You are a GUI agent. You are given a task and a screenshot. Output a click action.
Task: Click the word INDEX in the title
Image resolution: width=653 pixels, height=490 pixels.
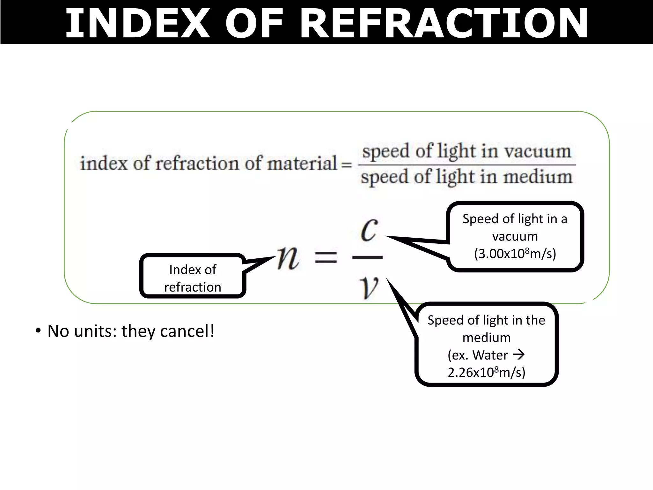coord(137,23)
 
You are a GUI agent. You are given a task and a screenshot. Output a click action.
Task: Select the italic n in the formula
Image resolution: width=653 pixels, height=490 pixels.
coord(288,258)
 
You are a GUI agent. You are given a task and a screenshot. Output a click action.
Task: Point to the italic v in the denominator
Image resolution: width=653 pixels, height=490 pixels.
coord(369,287)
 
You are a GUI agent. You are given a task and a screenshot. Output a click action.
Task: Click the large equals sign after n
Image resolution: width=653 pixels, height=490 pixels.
coord(326,257)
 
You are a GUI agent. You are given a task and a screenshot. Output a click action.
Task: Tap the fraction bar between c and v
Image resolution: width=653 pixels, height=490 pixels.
coord(367,257)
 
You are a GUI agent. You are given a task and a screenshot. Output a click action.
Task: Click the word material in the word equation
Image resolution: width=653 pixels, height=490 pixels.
coord(302,163)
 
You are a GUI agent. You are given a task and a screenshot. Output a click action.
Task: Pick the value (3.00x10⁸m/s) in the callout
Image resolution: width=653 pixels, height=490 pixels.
coord(515,254)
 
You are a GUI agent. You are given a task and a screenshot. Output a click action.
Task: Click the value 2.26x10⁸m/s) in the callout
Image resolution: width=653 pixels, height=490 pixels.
coord(486,372)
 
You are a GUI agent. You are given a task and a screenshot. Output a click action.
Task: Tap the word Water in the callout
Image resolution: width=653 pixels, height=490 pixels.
coord(490,355)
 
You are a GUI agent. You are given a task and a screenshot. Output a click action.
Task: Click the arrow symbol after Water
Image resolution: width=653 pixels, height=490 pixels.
coord(519,354)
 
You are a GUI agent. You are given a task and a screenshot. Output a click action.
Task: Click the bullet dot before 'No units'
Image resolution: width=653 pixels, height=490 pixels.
coord(38,331)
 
